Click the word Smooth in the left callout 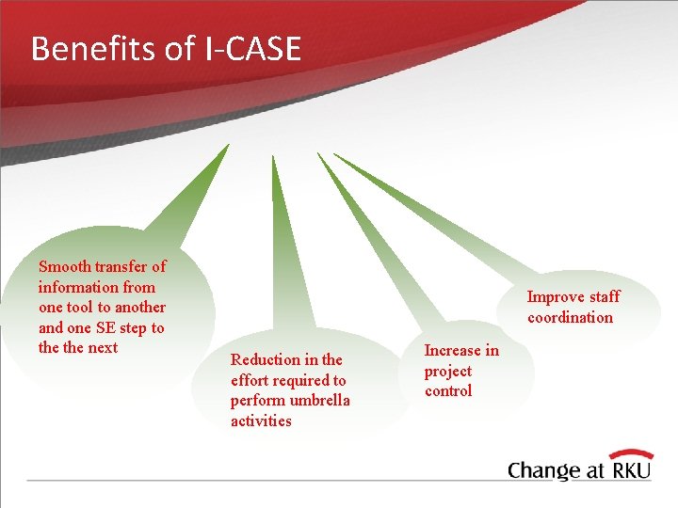[x=64, y=266]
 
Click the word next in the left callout [x=103, y=348]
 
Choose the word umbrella [x=319, y=401]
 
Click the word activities [x=261, y=421]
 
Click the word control [x=448, y=391]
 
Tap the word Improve [x=556, y=297]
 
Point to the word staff [x=605, y=297]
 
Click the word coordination [x=570, y=318]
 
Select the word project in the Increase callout [x=448, y=371]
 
